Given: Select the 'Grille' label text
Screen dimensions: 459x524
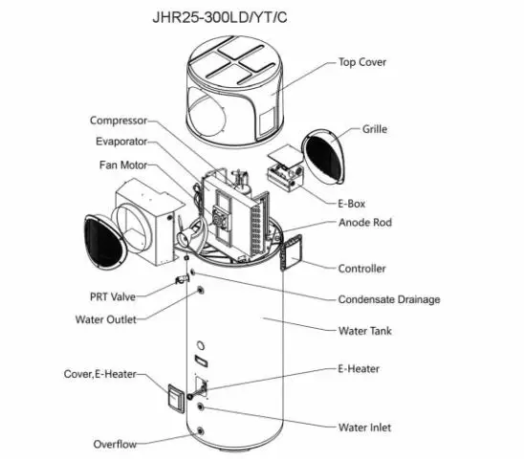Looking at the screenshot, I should click(x=375, y=129).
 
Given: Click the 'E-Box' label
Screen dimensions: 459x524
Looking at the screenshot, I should click(x=352, y=203).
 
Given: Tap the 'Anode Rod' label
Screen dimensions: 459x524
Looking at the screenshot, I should click(x=365, y=223).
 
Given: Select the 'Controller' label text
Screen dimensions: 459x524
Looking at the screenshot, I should click(x=362, y=269).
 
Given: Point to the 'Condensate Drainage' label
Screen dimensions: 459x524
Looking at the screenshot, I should click(x=389, y=299).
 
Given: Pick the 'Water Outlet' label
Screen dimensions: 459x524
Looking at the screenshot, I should click(x=106, y=318).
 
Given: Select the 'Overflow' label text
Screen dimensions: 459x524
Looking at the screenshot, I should click(x=115, y=444).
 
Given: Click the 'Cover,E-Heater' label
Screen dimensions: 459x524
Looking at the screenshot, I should click(x=104, y=373).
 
